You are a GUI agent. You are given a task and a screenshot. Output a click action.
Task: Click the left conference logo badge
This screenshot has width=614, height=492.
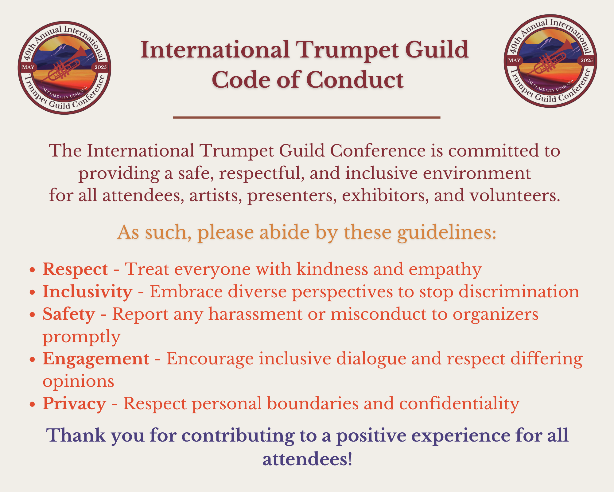64,68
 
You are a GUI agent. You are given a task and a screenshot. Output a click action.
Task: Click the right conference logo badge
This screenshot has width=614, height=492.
550,61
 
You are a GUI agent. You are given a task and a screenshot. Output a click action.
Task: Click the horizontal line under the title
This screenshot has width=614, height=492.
307,117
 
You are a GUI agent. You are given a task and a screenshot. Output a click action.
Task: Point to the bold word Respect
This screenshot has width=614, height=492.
75,270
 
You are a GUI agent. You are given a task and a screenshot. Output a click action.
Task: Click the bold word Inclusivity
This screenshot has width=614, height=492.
87,292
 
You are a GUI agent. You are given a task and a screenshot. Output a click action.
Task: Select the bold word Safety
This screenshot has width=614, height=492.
69,314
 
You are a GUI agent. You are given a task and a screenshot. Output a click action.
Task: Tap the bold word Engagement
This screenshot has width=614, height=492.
96,359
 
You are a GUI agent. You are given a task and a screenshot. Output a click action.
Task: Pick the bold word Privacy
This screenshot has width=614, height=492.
74,404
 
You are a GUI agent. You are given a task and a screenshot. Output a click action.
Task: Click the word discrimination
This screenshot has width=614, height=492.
519,292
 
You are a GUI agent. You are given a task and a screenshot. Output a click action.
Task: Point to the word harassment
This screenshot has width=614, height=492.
255,314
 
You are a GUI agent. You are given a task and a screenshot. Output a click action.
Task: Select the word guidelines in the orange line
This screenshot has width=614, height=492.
447,232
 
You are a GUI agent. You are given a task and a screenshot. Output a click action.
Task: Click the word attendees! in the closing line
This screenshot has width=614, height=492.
307,459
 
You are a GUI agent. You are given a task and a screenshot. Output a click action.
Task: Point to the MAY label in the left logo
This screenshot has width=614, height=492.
28,67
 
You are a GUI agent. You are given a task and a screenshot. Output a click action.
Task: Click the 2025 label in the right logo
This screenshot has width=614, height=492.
586,60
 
